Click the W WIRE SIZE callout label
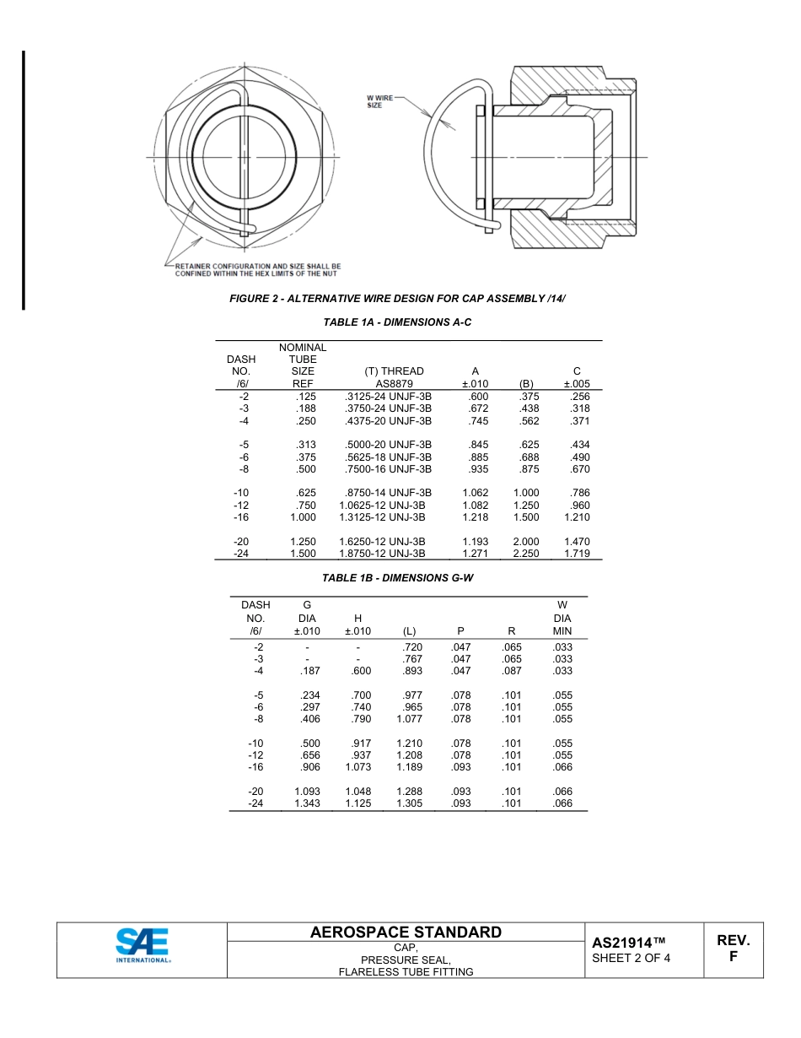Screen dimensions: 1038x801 (379, 100)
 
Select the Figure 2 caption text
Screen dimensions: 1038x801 (397, 299)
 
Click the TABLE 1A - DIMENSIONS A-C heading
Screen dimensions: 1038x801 (397, 322)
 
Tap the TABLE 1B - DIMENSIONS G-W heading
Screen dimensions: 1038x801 (396, 578)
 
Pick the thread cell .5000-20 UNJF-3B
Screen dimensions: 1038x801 (389, 445)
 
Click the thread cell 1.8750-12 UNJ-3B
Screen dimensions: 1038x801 (382, 554)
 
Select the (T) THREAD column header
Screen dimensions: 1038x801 (394, 371)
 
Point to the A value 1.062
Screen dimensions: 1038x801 (475, 493)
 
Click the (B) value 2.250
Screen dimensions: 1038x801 (526, 554)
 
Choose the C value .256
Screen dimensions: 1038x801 (579, 396)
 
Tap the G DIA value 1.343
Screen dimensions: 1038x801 (307, 803)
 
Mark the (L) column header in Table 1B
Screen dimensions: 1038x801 (410, 631)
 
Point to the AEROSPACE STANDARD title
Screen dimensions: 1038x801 (406, 933)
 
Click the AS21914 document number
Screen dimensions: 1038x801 (629, 943)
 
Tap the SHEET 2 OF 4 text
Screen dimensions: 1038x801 (631, 958)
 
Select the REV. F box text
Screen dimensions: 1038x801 (733, 949)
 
